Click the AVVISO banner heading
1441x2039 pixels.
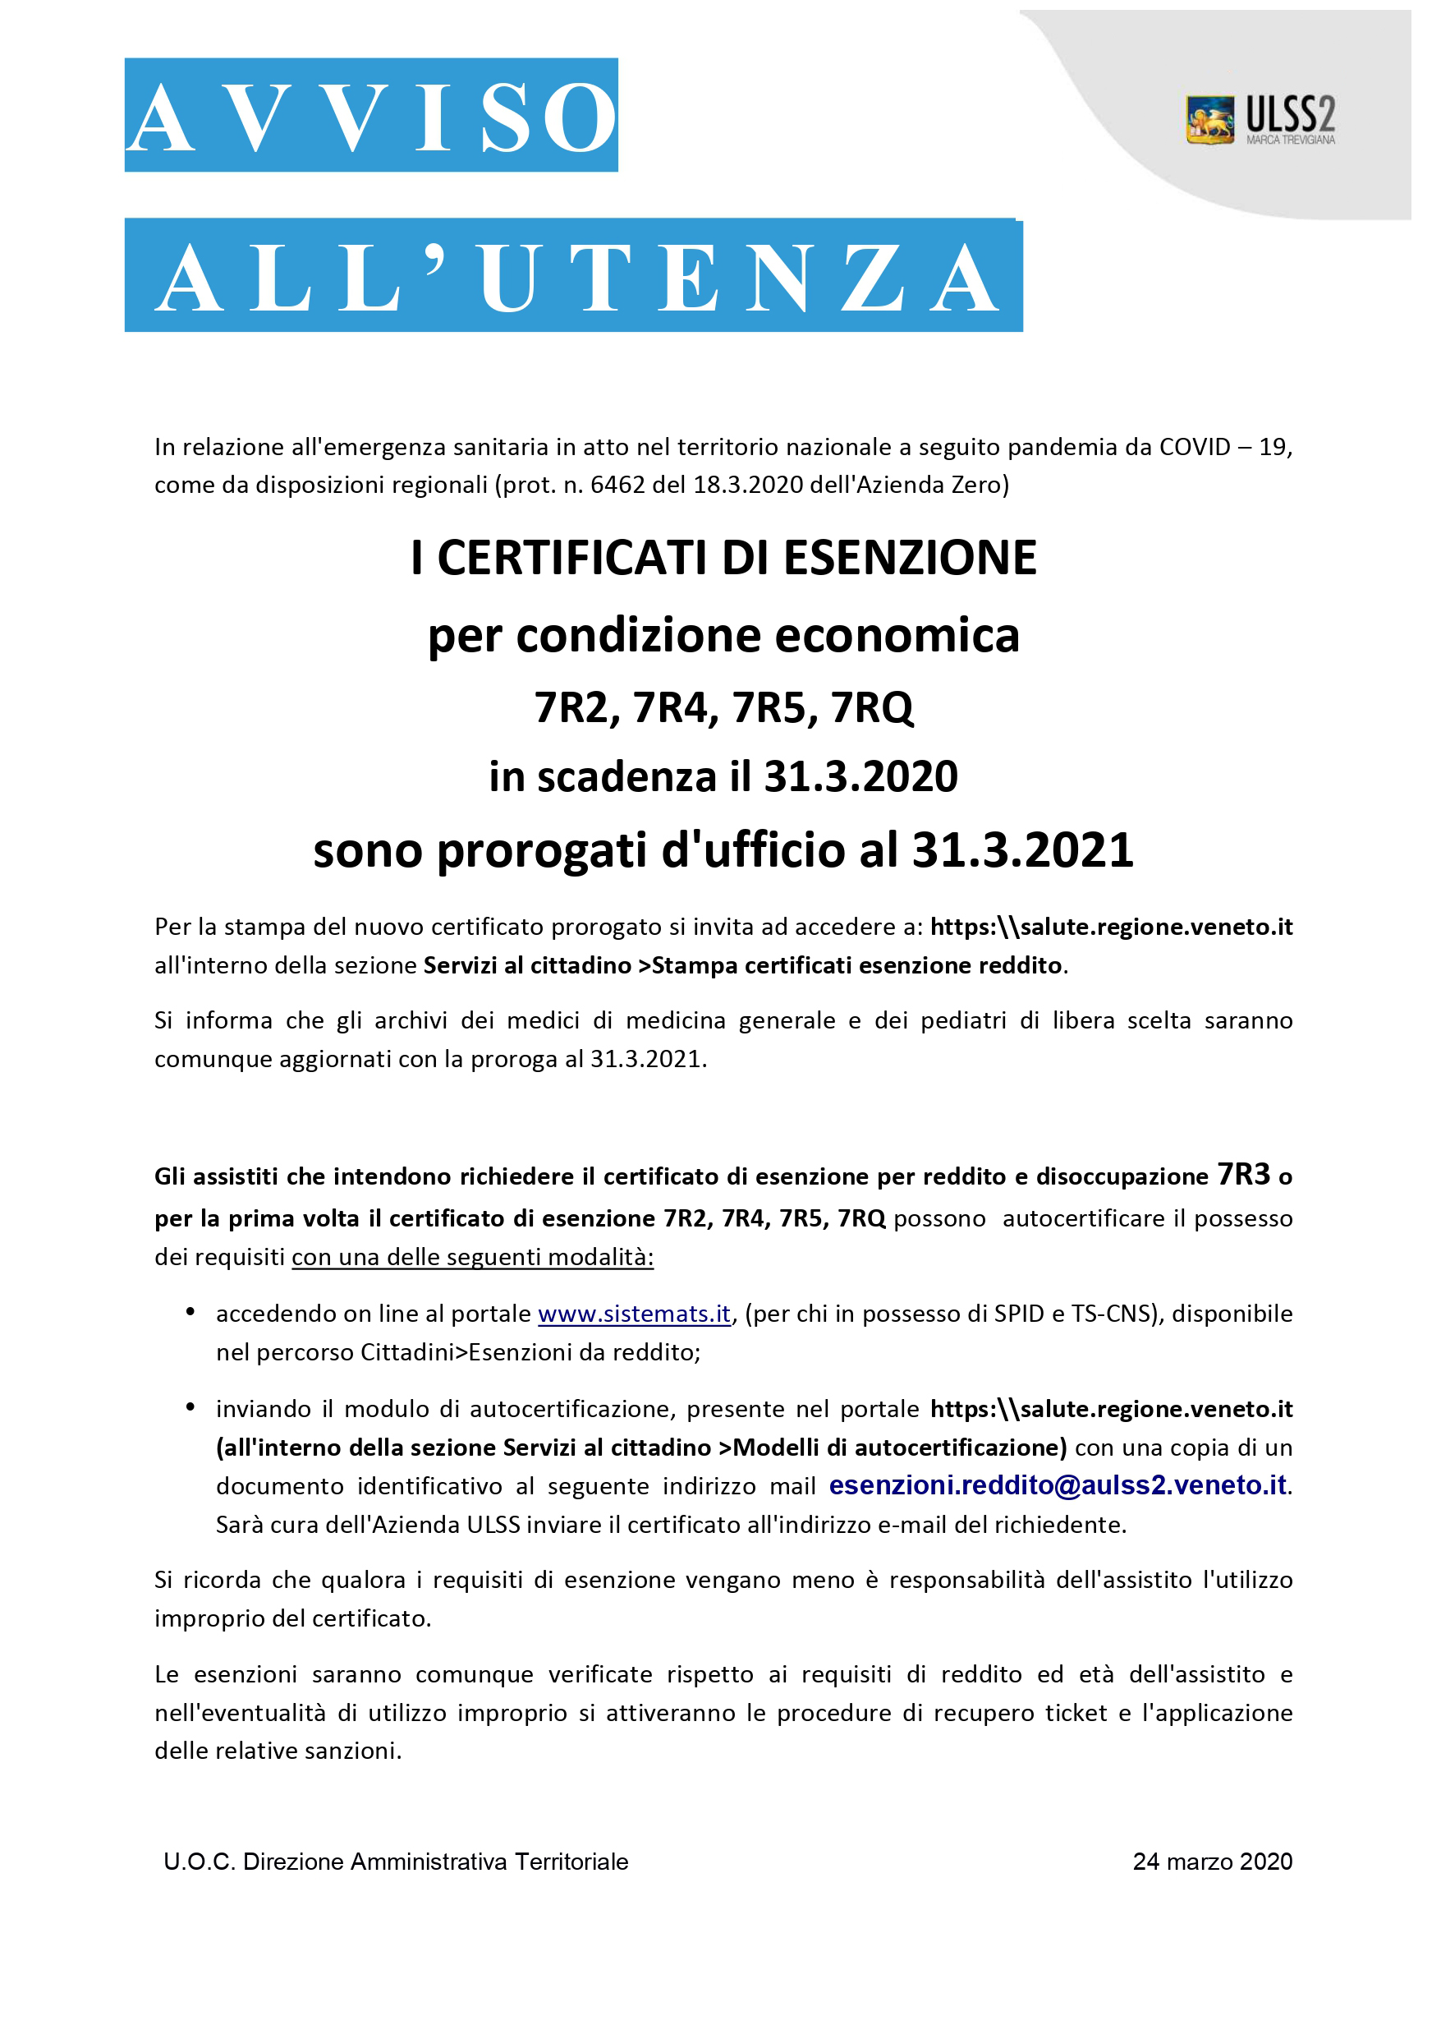(x=371, y=116)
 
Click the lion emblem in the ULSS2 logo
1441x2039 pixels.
(x=1209, y=119)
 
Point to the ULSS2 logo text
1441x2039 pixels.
(x=1289, y=116)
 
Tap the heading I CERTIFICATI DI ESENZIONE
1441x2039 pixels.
(x=723, y=558)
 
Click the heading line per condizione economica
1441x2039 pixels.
(x=723, y=636)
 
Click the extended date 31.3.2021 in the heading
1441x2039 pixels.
(x=1022, y=850)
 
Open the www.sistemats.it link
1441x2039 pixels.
(x=634, y=1314)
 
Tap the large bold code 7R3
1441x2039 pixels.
(x=1244, y=1174)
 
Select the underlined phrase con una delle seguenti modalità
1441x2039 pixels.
(x=472, y=1258)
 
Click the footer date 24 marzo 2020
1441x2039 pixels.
(x=1212, y=1862)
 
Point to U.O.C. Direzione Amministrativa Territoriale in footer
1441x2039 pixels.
(x=396, y=1862)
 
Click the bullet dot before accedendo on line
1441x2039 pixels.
(x=190, y=1312)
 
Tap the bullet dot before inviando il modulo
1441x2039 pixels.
(x=190, y=1406)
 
